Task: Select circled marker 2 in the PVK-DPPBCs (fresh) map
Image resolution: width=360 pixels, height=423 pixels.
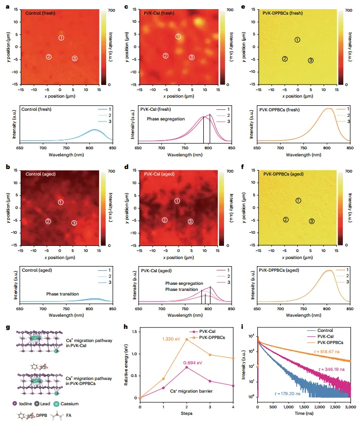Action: point(285,59)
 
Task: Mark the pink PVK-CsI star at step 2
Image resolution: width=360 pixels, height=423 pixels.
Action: point(187,367)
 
